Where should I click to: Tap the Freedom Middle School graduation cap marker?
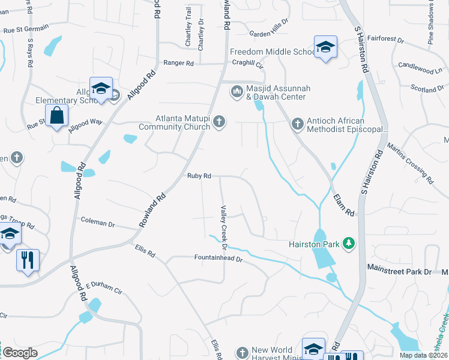pos(325,47)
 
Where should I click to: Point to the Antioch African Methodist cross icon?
pos(297,124)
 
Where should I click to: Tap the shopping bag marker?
pos(56,116)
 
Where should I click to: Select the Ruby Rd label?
pos(199,176)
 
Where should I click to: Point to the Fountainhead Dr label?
pos(217,259)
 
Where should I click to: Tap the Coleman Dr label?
pos(98,223)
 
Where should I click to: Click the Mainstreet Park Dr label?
pos(399,272)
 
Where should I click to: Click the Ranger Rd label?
pos(178,62)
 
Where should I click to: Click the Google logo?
pos(20,353)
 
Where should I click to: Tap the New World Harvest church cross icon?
pos(242,352)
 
